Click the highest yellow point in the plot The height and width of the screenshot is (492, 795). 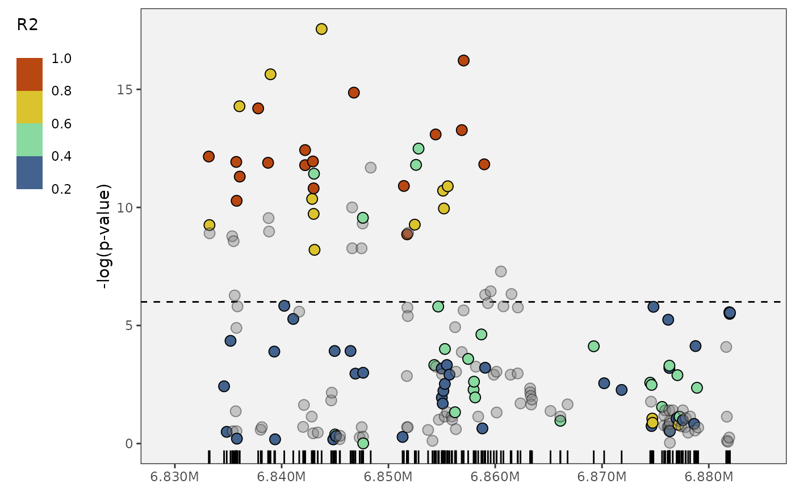tap(321, 29)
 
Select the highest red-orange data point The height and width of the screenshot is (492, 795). tap(463, 60)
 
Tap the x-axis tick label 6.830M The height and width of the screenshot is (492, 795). tap(174, 476)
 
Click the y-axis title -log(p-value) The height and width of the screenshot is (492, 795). tap(106, 236)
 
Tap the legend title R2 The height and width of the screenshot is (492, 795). tap(27, 25)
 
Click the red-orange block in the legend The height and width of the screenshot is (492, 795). tap(30, 74)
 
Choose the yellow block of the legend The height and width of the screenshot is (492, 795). tap(30, 107)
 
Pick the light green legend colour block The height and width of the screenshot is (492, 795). tap(30, 140)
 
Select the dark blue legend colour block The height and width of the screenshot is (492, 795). tap(30, 173)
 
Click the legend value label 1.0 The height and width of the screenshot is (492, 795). tap(61, 59)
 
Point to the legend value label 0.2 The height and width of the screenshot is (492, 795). tap(61, 189)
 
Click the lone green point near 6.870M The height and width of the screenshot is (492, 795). tap(594, 346)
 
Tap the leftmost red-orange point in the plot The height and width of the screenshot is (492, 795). tap(208, 156)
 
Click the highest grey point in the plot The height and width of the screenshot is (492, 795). tap(370, 168)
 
